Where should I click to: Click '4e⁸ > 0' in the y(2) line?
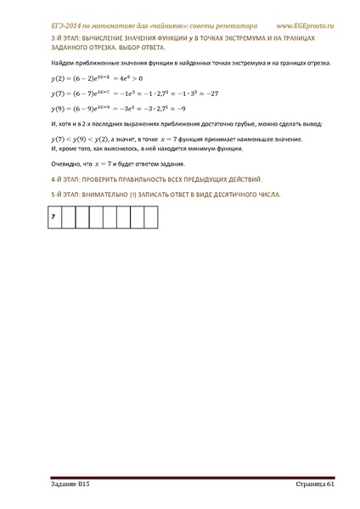[x=131, y=80]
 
